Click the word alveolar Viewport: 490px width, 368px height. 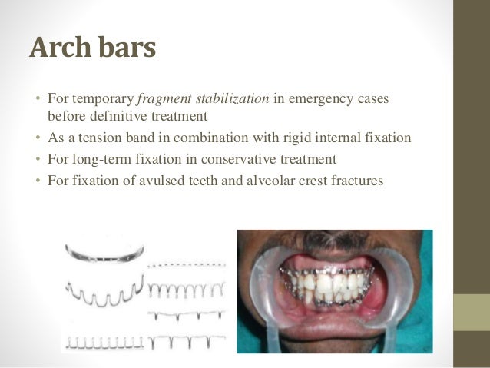(266, 181)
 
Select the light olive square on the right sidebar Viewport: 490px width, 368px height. (472, 312)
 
